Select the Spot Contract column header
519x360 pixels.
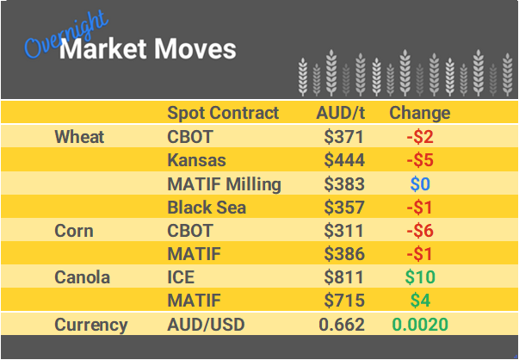223,113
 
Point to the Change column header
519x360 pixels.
419,113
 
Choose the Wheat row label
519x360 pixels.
79,137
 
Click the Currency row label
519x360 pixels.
91,325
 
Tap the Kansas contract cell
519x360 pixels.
196,160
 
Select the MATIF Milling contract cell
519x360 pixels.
224,183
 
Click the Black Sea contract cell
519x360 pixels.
207,207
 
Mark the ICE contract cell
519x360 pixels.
181,277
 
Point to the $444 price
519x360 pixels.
344,160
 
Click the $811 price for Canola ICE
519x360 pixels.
344,277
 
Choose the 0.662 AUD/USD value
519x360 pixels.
342,325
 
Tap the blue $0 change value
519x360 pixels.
420,183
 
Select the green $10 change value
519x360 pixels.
420,277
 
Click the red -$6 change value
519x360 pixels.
420,231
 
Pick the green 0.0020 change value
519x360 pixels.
420,325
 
